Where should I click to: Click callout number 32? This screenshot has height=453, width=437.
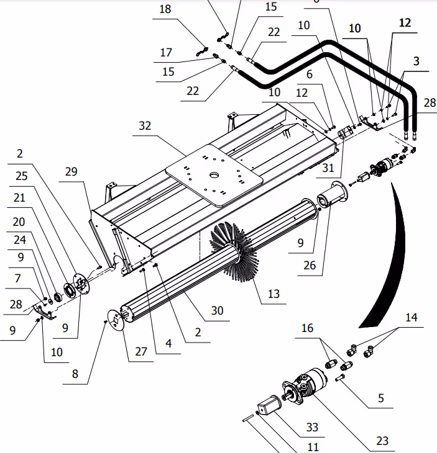(x=145, y=125)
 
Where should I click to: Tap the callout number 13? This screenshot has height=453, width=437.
(x=274, y=294)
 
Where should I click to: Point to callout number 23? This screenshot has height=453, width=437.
(x=382, y=441)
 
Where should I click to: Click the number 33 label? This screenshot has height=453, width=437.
(x=311, y=427)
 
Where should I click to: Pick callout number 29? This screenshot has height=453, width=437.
(x=72, y=171)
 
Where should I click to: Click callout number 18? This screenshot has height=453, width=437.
(x=165, y=9)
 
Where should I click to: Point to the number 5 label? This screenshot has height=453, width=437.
(x=381, y=398)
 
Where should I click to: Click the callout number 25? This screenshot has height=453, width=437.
(x=21, y=176)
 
